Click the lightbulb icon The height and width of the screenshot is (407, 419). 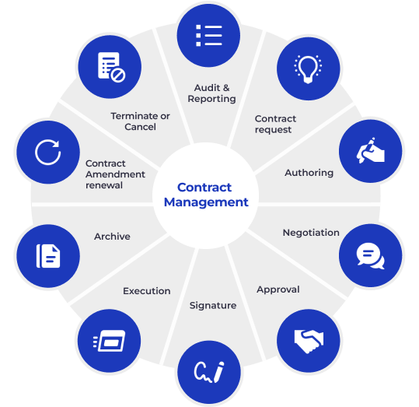[308, 69]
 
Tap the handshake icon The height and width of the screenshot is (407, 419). [309, 341]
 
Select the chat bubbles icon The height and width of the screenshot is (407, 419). [370, 256]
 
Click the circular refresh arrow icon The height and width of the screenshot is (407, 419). [48, 152]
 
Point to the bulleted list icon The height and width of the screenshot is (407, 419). [208, 35]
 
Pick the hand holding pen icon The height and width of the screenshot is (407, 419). [371, 150]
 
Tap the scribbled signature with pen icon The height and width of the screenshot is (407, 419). [209, 372]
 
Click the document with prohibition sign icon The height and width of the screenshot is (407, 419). [111, 67]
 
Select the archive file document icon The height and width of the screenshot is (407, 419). [48, 256]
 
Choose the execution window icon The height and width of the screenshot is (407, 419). [109, 341]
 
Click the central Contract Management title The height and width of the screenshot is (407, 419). [206, 195]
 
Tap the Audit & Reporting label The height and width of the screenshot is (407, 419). [211, 93]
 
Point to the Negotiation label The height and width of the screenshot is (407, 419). [311, 233]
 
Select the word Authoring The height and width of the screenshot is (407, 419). [309, 173]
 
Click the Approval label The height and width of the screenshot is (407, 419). [278, 289]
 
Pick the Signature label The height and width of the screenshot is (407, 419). [213, 306]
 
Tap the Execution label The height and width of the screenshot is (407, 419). [147, 291]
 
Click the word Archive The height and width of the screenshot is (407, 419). [112, 237]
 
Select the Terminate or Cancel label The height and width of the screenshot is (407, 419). [140, 121]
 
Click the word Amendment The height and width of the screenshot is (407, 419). [115, 174]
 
